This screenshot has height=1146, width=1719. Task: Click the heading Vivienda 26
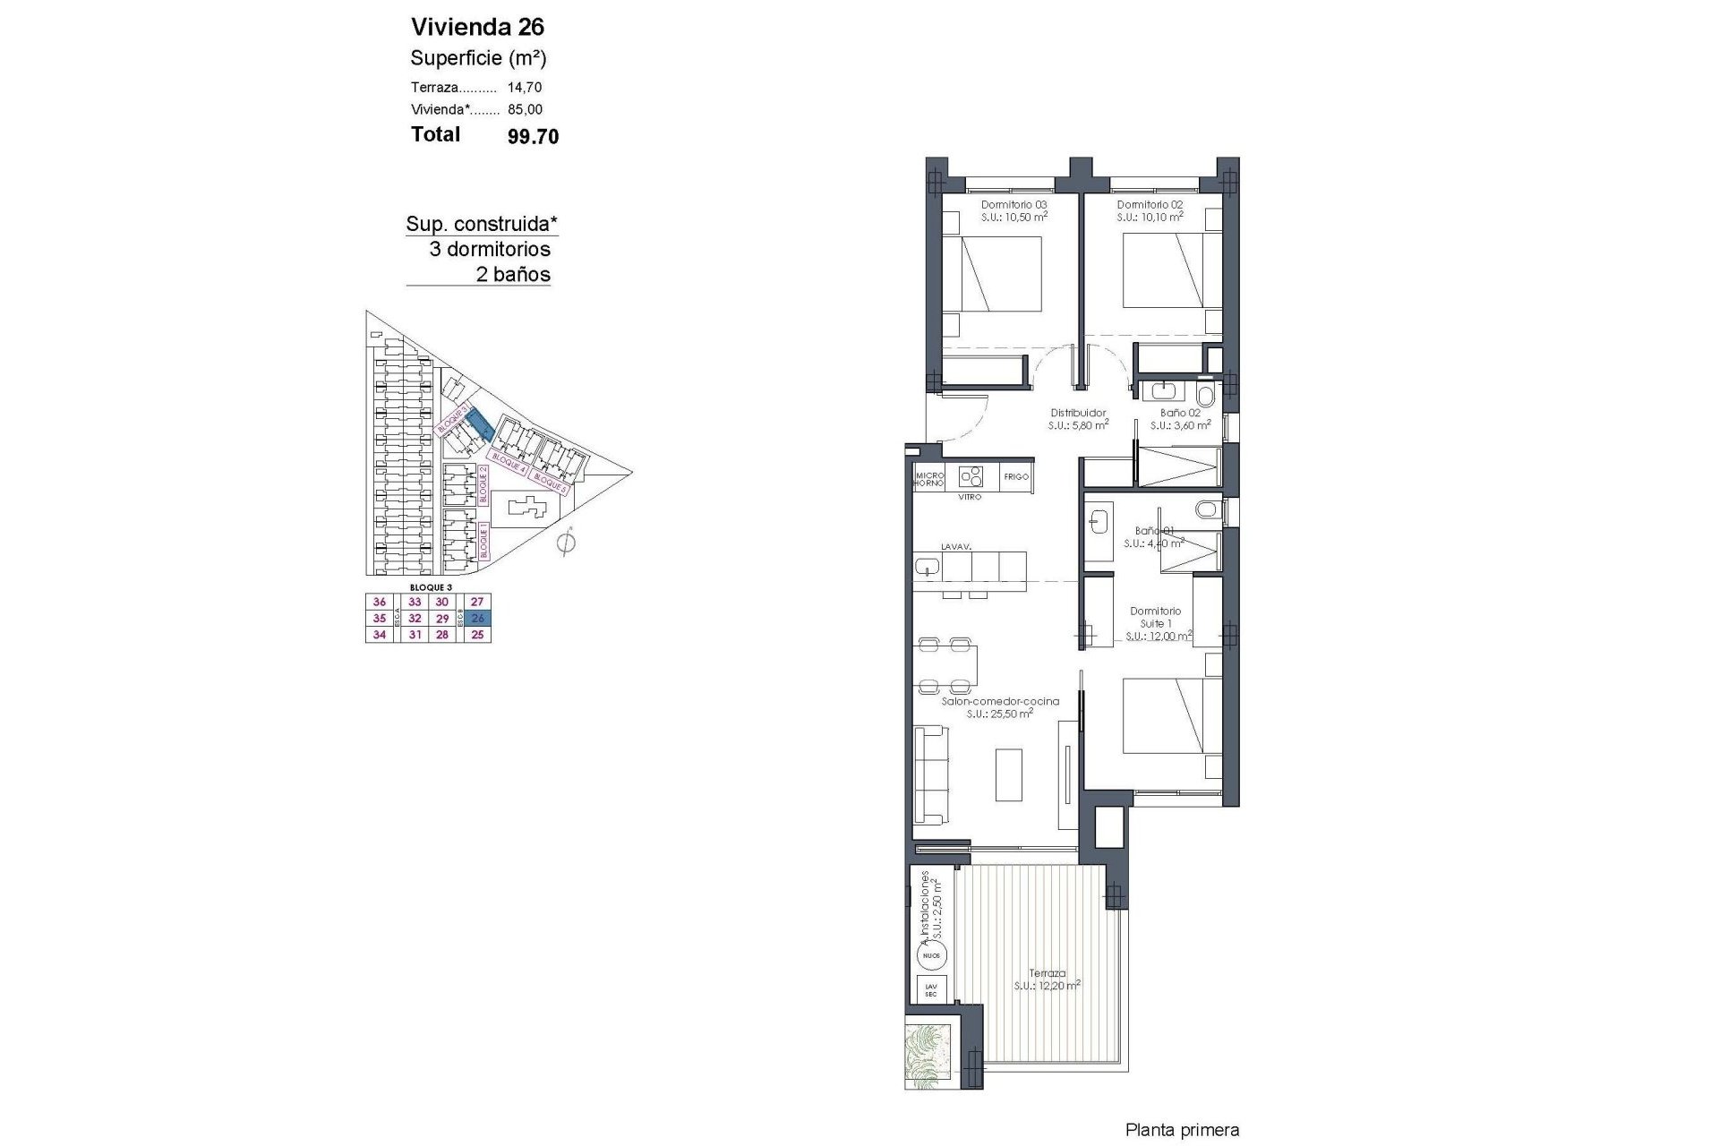[x=477, y=26]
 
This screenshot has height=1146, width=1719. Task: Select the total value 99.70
[x=533, y=136]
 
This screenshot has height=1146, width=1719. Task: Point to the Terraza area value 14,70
[x=525, y=88]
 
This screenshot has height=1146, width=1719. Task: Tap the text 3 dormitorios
[x=490, y=249]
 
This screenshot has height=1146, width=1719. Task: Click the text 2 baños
[x=513, y=275]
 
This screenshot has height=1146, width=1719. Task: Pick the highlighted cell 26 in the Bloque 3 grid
[x=477, y=619]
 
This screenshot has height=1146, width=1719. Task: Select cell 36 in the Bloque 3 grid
[x=380, y=603]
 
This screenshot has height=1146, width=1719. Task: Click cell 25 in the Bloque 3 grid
[x=477, y=635]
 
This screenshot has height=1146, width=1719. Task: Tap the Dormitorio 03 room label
[x=1014, y=205]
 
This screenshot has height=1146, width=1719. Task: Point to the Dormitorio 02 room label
[x=1150, y=205]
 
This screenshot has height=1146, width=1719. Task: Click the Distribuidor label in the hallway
[x=1078, y=413]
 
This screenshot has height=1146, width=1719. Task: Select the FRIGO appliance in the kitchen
[x=1016, y=477]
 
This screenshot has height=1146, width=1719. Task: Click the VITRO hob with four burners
[x=971, y=475]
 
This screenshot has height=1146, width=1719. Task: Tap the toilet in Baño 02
[x=1205, y=395]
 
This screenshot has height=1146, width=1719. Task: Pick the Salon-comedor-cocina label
[x=1000, y=702]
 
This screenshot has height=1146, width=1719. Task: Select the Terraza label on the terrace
[x=1047, y=973]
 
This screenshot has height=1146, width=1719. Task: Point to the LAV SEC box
[x=931, y=990]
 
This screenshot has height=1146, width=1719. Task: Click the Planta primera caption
[x=1182, y=1131]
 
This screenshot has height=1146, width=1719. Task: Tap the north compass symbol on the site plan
[x=565, y=543]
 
